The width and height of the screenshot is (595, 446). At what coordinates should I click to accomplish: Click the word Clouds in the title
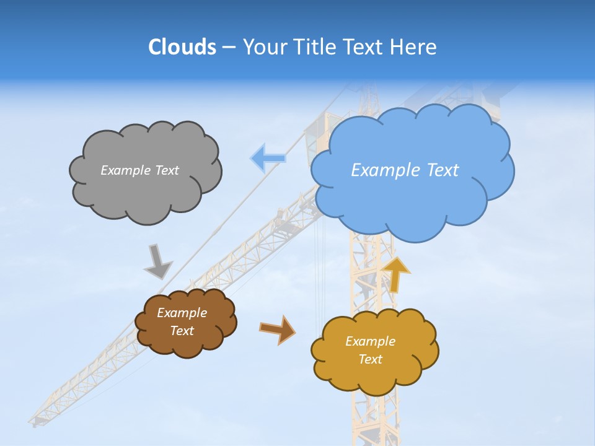(182, 46)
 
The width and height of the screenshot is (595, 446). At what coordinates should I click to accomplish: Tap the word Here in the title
(416, 46)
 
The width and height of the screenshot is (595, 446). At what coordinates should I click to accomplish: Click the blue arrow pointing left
(268, 158)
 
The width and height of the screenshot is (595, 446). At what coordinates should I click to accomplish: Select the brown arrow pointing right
(278, 329)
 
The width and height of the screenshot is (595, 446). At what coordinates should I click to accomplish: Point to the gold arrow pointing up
(396, 274)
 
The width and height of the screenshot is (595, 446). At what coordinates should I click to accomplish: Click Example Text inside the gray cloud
(139, 170)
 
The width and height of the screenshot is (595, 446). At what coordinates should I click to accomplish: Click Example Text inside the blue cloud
(405, 170)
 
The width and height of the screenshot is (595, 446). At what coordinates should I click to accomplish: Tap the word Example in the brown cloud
(182, 313)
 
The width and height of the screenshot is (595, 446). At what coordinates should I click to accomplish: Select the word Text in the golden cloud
(370, 359)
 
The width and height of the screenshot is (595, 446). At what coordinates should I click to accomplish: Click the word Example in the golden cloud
(370, 341)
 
